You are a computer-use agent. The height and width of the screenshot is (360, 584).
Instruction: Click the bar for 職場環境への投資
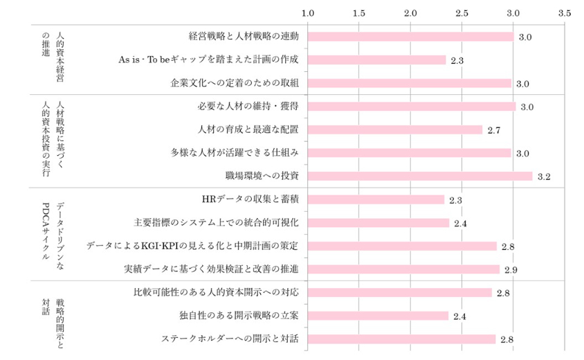click(420, 176)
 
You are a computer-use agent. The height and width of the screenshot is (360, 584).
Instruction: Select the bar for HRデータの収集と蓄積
click(376, 199)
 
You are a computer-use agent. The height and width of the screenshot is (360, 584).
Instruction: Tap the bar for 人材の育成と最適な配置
click(394, 129)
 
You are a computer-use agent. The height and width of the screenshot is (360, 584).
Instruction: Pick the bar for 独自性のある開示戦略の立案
click(378, 316)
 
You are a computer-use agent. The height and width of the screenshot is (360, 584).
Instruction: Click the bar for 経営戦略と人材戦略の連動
click(410, 37)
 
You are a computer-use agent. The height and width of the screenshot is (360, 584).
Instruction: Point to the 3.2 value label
click(543, 177)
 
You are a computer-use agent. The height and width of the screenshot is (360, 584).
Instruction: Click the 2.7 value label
click(493, 130)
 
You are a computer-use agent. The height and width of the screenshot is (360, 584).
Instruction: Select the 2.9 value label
click(511, 269)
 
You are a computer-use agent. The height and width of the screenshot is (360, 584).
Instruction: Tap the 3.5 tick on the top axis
click(564, 12)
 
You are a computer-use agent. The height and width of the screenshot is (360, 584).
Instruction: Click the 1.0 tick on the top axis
click(309, 12)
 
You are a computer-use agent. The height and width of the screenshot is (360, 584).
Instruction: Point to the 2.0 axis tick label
click(410, 12)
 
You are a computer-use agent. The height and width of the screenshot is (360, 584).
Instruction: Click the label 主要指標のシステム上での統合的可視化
click(216, 223)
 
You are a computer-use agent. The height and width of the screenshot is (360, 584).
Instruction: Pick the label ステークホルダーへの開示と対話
click(230, 339)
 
